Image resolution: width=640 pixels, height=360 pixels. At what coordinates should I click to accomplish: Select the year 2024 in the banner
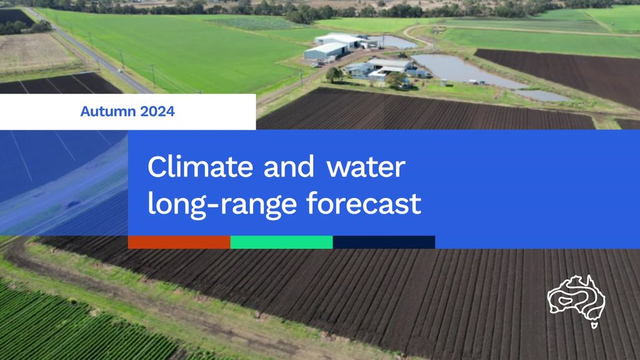(157, 111)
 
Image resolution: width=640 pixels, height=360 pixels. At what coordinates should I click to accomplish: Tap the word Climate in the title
(200, 167)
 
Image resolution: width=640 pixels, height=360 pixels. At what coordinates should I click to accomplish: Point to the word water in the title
(366, 167)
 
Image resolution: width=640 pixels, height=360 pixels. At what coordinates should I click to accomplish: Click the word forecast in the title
(364, 203)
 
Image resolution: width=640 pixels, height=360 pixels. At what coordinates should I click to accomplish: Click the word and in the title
(289, 167)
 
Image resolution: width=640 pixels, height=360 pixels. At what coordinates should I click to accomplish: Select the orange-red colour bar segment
(179, 242)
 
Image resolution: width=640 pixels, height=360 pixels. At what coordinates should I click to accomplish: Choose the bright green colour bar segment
(282, 242)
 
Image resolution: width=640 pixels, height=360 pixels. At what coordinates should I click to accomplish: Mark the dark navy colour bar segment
(384, 242)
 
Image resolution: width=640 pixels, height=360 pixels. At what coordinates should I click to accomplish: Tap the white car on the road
(120, 71)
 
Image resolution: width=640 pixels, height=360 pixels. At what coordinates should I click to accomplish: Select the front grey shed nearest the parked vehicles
(326, 51)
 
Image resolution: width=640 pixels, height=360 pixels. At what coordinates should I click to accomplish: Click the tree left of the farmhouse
(334, 74)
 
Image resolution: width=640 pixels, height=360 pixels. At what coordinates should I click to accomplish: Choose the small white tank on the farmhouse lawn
(443, 83)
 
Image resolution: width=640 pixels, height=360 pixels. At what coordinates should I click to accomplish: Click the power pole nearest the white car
(122, 59)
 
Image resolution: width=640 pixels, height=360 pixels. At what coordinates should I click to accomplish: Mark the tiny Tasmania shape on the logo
(594, 325)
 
